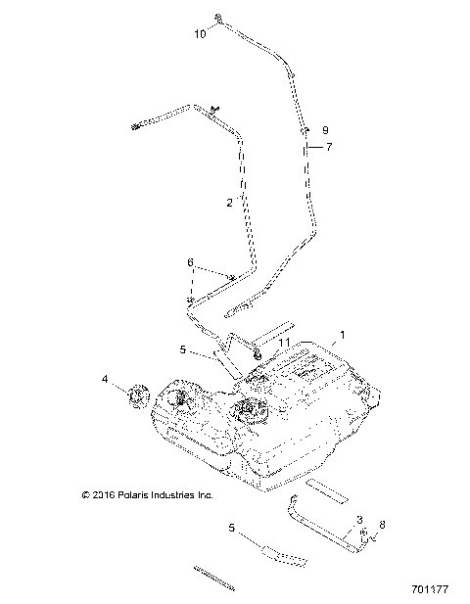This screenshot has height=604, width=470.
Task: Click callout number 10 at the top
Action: tap(200, 33)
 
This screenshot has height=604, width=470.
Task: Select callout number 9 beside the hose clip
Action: tap(325, 130)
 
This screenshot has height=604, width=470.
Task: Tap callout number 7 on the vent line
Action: tap(329, 147)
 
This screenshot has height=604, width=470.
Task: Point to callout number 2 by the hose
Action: tap(229, 203)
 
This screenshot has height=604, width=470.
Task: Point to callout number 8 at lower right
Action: tap(382, 526)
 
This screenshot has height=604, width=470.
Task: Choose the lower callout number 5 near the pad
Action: tap(232, 529)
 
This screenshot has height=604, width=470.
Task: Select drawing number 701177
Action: tap(431, 590)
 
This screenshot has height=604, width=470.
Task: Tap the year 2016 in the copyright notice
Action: tap(104, 495)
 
